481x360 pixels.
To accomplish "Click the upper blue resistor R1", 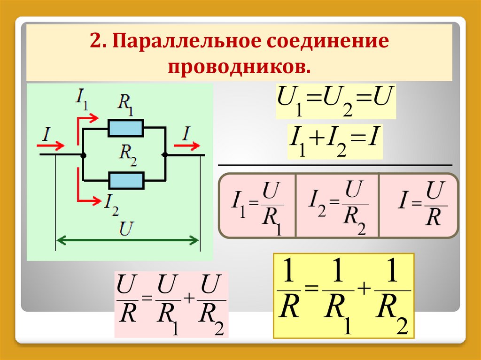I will pos(125,128).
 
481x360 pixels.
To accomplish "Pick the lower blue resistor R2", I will pos(125,180).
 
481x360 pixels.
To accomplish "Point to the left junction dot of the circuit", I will pos(83,154).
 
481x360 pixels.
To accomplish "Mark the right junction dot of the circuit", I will pos(165,154).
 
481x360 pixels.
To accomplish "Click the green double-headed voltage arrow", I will pos(127,241).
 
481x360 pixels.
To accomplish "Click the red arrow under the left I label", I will pos(53,144).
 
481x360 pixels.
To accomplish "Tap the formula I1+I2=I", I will pos(336,140).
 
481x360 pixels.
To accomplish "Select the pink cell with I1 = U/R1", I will pos(257,206).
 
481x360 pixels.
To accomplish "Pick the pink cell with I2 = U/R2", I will pos(337,206).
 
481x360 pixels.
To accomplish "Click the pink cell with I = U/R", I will pos(418,206).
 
